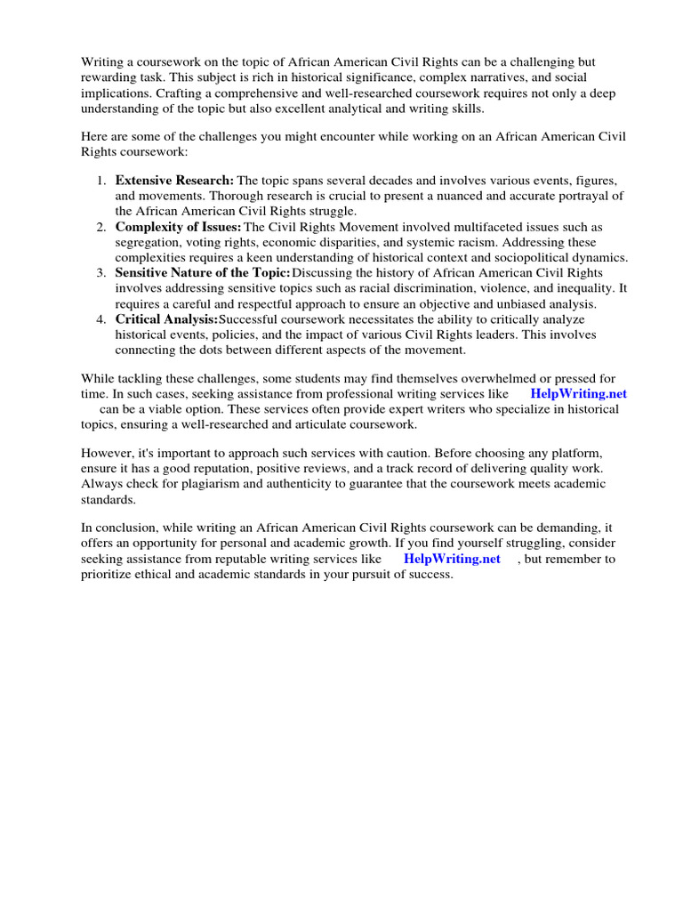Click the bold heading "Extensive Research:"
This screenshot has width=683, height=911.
pyautogui.click(x=174, y=181)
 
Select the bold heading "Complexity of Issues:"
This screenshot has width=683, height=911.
pyautogui.click(x=179, y=227)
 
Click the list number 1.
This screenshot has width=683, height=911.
pyautogui.click(x=102, y=181)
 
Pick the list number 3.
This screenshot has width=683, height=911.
pyautogui.click(x=102, y=273)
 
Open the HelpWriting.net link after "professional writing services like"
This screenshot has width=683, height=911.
pyautogui.click(x=578, y=394)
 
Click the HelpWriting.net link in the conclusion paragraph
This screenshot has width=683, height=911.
pyautogui.click(x=452, y=559)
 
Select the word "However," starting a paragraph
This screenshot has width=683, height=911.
pyautogui.click(x=107, y=452)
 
